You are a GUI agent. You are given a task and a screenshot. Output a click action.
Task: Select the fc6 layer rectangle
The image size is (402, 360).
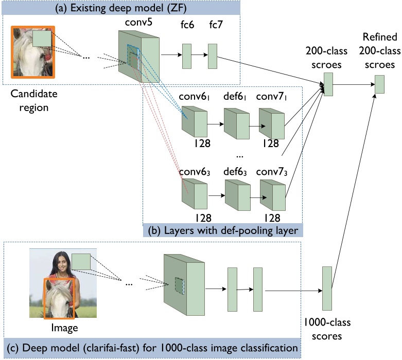pyautogui.click(x=186, y=56)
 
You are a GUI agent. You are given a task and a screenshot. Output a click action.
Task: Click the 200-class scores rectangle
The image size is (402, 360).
pyautogui.click(x=328, y=84)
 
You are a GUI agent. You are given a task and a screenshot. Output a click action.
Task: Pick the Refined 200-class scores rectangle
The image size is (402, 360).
pyautogui.click(x=379, y=84)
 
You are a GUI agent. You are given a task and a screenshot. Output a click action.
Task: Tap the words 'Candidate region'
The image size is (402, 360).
pyautogui.click(x=33, y=101)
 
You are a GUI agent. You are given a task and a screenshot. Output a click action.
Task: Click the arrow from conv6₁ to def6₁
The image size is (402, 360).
pyautogui.click(x=216, y=124)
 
